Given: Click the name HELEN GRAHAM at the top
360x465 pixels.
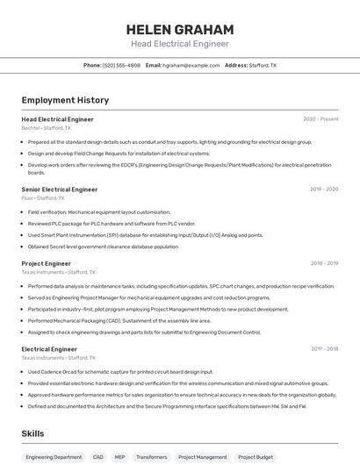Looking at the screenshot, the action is (179, 29).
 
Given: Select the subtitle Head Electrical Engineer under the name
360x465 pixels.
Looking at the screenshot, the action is (179, 44).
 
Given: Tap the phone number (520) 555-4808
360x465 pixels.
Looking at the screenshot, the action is (121, 66).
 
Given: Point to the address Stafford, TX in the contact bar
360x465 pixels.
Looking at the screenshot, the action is (263, 66).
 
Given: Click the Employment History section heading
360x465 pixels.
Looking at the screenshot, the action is (65, 101).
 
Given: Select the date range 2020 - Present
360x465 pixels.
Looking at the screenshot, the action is (320, 119).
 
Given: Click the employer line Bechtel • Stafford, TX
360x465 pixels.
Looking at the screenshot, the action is (48, 128).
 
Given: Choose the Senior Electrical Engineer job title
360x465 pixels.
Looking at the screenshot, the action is (60, 190).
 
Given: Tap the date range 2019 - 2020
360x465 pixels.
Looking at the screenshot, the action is (323, 190).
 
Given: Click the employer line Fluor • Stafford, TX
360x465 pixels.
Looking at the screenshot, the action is (43, 198).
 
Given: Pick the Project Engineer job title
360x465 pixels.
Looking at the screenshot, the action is (47, 263).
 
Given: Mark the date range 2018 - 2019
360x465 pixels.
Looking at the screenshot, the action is (323, 263).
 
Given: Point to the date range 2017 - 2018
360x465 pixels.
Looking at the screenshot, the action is (323, 349).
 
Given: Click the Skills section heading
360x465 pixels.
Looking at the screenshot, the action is (33, 433).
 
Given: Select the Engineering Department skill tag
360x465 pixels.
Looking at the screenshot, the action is (53, 457).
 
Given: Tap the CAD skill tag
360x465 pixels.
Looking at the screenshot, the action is (97, 457).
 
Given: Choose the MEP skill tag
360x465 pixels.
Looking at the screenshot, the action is (120, 457).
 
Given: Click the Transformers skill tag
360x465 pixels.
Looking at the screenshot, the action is (151, 457).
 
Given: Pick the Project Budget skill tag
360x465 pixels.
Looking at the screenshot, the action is (256, 457).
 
